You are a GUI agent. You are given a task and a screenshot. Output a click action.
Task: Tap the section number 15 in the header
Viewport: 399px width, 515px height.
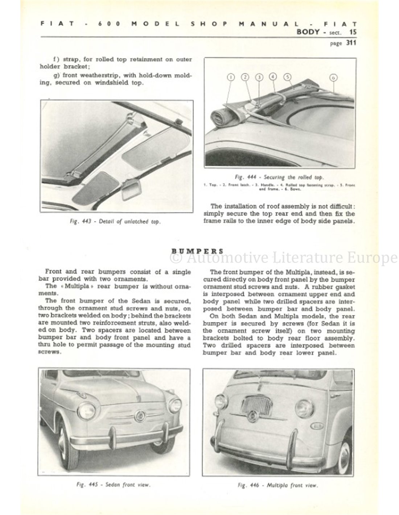(353, 32)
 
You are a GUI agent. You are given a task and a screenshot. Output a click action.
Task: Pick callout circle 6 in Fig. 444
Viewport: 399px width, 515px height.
(333, 77)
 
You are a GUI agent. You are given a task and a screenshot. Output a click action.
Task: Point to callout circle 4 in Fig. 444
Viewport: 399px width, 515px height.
(273, 76)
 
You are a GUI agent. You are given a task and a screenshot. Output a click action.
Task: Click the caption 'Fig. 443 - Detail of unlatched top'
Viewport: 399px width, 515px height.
(115, 222)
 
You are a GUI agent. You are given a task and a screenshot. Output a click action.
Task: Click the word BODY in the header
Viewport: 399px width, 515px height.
(308, 32)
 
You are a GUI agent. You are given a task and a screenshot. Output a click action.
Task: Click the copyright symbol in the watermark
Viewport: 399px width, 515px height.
(176, 258)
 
